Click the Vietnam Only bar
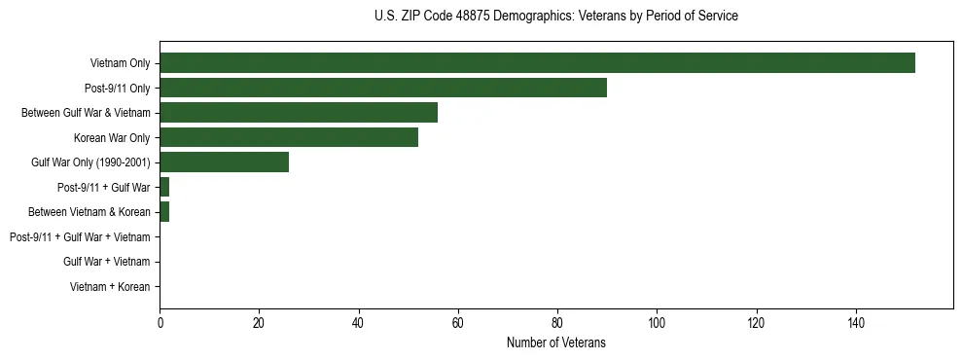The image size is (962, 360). click(x=537, y=63)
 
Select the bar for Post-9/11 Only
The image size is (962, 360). click(x=383, y=88)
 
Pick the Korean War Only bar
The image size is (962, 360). click(x=289, y=137)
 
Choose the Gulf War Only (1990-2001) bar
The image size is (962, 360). click(x=224, y=162)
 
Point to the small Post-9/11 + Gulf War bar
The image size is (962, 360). click(x=164, y=187)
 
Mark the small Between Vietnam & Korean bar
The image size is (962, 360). click(x=164, y=212)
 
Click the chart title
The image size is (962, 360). click(x=555, y=17)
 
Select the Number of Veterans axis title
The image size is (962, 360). click(x=555, y=342)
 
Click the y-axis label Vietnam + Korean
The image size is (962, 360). click(x=110, y=287)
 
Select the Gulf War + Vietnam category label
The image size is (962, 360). click(x=106, y=262)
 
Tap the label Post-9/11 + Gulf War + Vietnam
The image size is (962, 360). click(x=80, y=237)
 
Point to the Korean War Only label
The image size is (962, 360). click(x=112, y=138)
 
